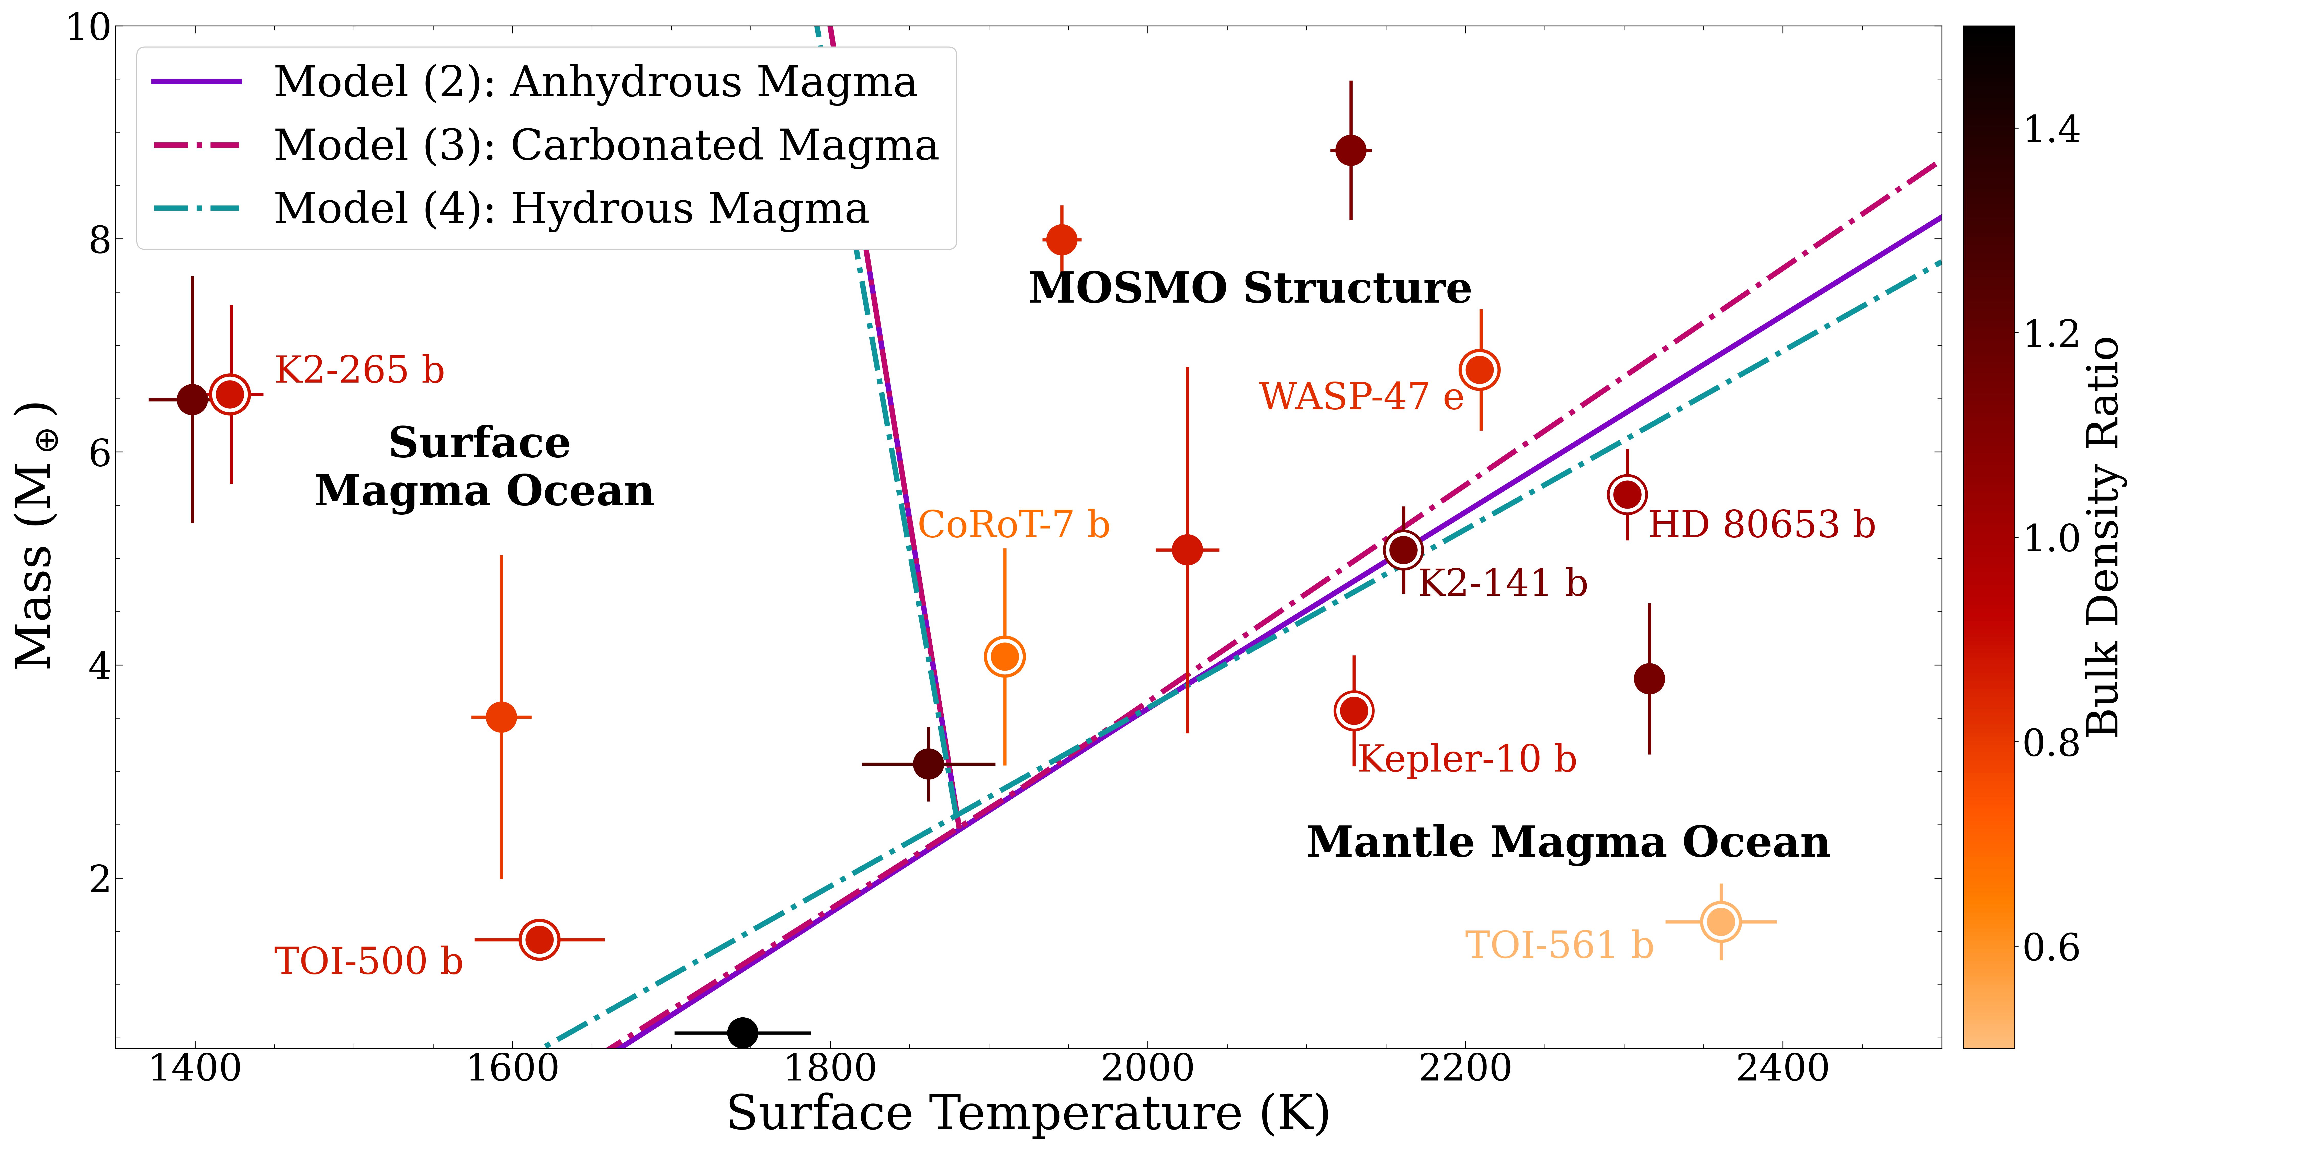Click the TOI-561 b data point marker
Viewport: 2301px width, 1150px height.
click(1720, 922)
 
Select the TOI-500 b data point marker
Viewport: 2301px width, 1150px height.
click(539, 939)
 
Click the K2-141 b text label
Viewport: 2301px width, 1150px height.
click(1503, 583)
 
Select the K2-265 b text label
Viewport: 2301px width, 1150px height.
click(359, 370)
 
